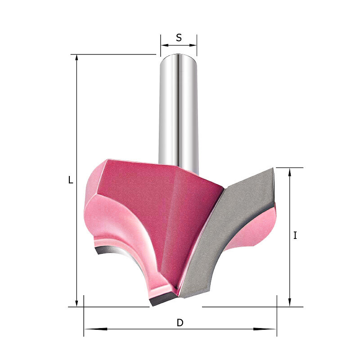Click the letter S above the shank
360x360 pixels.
pos(179,37)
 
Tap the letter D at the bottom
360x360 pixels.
pos(180,323)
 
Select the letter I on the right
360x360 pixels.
pos(295,235)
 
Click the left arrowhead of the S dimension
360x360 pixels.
pos(165,45)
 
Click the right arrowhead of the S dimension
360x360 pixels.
pos(193,45)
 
